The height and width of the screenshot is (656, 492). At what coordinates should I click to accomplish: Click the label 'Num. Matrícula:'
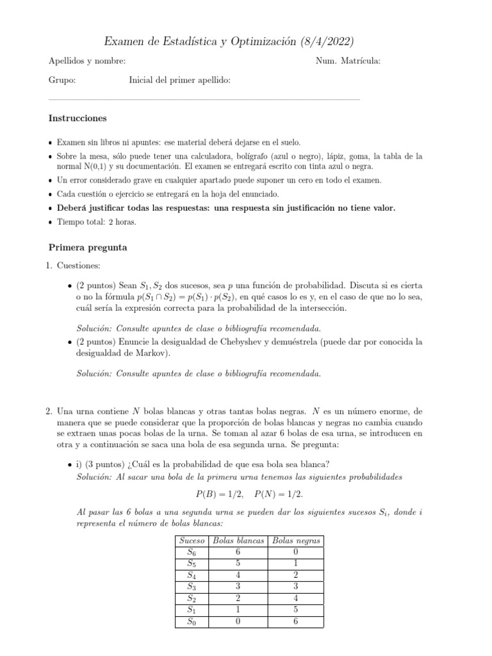[x=348, y=61]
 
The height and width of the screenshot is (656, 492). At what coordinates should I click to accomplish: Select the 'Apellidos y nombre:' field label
[x=87, y=61]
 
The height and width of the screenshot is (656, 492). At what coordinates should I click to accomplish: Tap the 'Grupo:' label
[x=62, y=80]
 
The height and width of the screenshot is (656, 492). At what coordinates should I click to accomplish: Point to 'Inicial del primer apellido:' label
[x=180, y=80]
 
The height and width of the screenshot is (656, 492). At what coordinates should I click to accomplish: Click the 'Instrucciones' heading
[x=78, y=119]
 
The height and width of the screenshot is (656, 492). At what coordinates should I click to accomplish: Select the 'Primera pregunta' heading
[x=88, y=247]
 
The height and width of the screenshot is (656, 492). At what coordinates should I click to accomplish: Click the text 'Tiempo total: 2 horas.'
[x=96, y=222]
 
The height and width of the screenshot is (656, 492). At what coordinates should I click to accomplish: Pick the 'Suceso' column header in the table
[x=192, y=541]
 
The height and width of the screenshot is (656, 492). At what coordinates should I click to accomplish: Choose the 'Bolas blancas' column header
[x=238, y=541]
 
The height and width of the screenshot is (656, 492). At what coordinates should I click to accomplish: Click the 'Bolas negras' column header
[x=296, y=541]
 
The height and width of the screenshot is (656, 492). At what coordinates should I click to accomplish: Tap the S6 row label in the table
[x=192, y=552]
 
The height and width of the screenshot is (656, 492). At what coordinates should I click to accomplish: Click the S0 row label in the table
[x=192, y=621]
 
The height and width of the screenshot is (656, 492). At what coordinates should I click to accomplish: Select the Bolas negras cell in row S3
[x=296, y=587]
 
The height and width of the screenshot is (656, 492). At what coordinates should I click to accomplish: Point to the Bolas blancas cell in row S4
[x=238, y=575]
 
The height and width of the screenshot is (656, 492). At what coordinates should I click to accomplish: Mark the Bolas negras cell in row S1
[x=296, y=610]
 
